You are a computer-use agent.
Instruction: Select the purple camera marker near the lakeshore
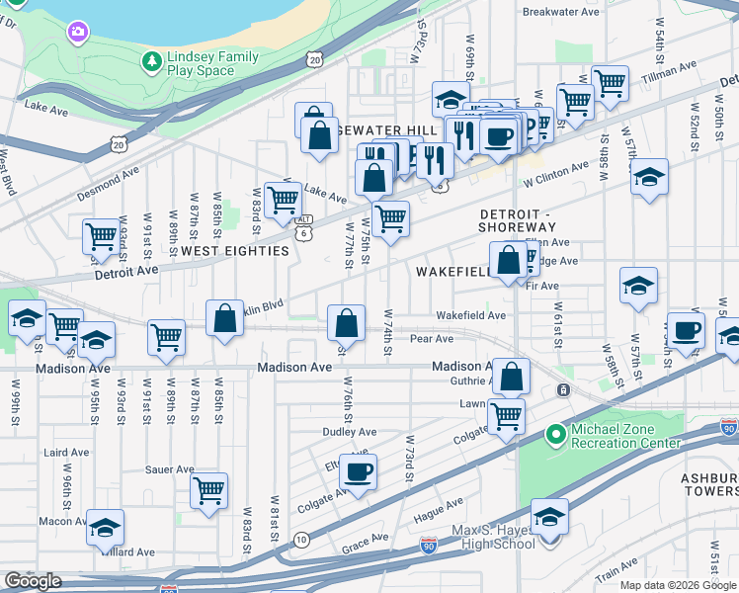click(77, 34)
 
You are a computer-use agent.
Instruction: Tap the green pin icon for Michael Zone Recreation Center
click(555, 433)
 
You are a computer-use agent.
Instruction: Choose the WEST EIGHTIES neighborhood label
click(235, 251)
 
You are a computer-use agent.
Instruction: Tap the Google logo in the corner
click(33, 581)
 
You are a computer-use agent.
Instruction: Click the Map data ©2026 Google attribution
click(678, 585)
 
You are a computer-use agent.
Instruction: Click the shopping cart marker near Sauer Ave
click(208, 489)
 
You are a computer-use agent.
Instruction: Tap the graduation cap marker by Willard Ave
click(105, 527)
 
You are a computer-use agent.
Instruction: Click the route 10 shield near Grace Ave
click(300, 540)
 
